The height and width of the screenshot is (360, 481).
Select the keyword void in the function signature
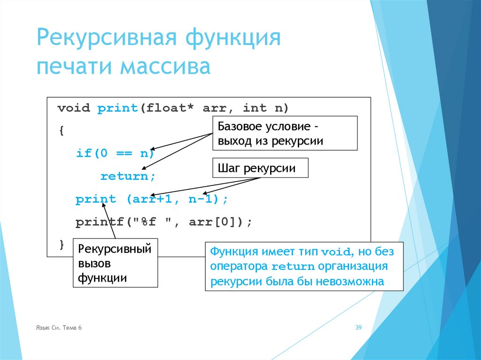click(x=73, y=108)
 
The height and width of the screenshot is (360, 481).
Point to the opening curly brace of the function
click(x=61, y=131)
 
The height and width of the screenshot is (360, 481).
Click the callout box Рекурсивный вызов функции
click(x=115, y=263)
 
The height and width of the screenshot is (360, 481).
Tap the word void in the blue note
click(x=336, y=252)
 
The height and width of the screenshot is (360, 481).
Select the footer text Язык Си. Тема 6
click(x=58, y=328)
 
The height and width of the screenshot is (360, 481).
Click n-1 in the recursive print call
click(x=199, y=199)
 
